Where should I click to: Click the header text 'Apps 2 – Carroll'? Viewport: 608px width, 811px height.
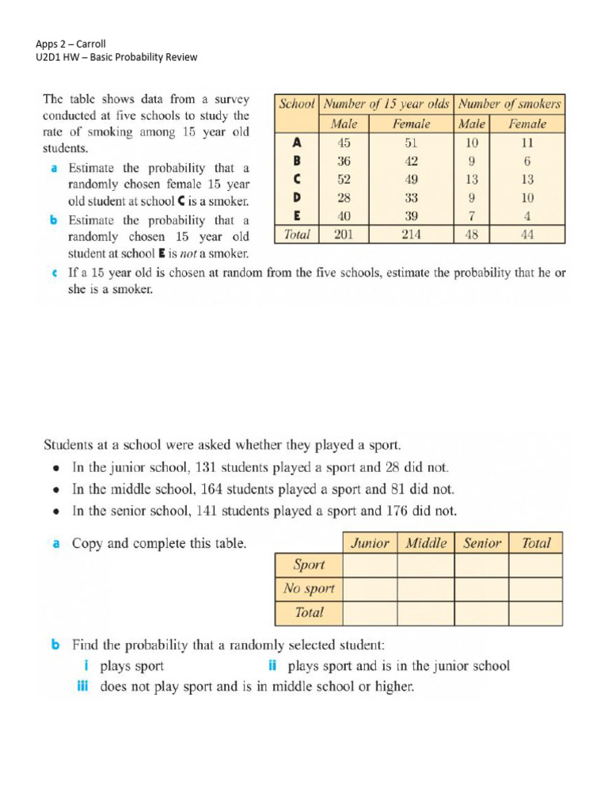tap(71, 44)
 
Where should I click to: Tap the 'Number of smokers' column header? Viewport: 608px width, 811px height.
tap(511, 104)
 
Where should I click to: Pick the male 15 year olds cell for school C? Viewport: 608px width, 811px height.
tap(344, 179)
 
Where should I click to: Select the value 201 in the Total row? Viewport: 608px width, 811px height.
tap(344, 234)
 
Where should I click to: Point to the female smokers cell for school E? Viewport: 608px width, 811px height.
tap(527, 216)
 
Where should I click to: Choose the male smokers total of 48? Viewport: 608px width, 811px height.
tap(472, 234)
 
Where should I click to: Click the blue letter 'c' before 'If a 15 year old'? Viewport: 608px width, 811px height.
tap(53, 273)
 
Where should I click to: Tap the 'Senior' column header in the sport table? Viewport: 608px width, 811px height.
tap(482, 543)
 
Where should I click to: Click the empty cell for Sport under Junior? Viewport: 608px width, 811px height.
tap(370, 565)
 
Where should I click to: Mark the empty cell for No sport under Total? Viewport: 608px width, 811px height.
tap(535, 588)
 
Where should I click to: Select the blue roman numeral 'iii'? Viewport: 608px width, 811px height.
tap(82, 687)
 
